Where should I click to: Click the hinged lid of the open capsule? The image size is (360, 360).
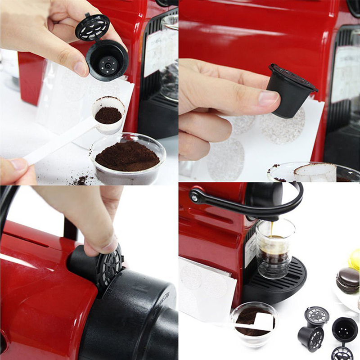[92, 27]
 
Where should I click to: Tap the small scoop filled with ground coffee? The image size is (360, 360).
[108, 115]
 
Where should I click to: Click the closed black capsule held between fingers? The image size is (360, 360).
[290, 90]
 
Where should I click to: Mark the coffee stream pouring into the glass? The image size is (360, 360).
[271, 229]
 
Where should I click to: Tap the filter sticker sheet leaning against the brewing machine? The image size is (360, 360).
[207, 288]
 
